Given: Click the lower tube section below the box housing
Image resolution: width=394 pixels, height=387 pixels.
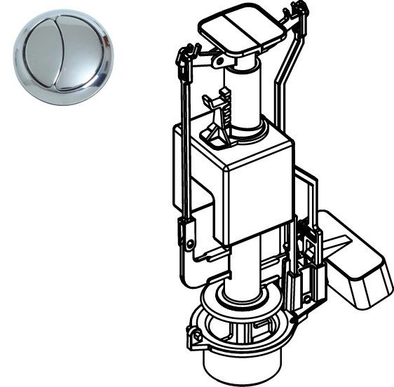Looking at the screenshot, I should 248,263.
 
